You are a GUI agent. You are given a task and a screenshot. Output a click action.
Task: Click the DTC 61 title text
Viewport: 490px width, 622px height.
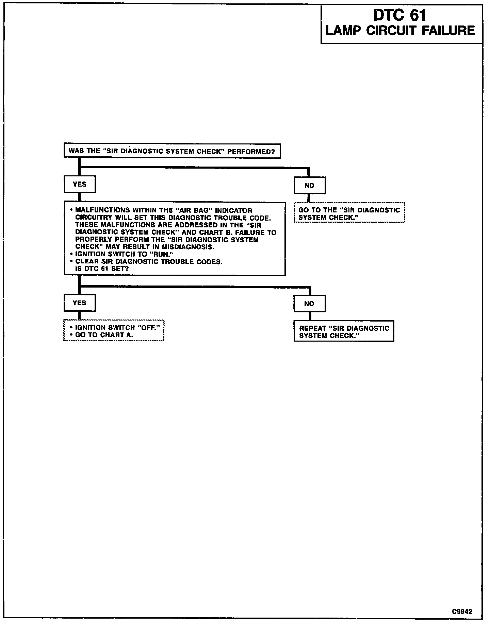coord(399,15)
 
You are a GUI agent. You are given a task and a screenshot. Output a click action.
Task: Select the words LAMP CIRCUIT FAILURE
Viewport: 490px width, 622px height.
coord(400,31)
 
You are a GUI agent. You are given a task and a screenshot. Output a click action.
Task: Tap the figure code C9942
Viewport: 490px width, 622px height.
coord(462,611)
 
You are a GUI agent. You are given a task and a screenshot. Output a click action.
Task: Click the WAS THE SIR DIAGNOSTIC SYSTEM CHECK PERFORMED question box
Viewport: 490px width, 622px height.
coord(172,151)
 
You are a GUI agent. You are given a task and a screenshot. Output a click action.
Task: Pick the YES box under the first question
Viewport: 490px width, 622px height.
coord(80,184)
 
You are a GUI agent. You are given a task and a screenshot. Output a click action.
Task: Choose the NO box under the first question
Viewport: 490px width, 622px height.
coord(309,186)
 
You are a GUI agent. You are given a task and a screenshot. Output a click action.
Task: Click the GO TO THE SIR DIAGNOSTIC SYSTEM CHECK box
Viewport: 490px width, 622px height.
coord(349,213)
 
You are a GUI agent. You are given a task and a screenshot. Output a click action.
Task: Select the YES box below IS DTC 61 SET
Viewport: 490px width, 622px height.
coord(80,303)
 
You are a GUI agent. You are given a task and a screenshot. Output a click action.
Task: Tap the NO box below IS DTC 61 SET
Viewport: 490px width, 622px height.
coord(309,304)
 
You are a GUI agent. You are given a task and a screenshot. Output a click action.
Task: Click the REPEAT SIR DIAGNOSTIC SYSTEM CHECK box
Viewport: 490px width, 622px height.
coord(344,331)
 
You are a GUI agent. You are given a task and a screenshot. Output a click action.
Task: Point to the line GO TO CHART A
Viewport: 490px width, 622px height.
coord(104,335)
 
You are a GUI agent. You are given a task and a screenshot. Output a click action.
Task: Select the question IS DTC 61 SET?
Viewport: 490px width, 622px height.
coord(102,269)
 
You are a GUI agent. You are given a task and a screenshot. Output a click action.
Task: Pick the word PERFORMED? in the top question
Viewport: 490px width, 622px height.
coord(251,151)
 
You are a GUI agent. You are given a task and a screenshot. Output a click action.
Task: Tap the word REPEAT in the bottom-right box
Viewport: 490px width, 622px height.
coord(312,328)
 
